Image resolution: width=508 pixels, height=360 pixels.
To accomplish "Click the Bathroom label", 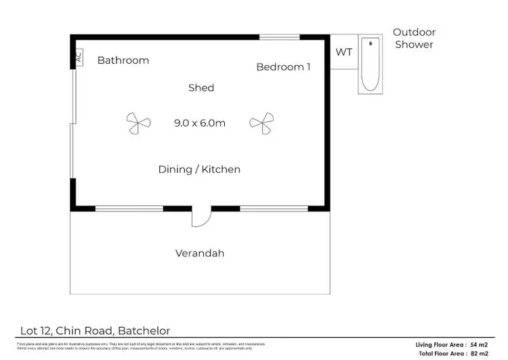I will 123,60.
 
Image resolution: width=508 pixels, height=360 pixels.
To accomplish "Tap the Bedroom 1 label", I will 283,66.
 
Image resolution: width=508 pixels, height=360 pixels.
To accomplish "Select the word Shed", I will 201,87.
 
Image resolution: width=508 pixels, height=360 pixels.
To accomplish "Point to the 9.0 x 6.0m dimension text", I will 199,123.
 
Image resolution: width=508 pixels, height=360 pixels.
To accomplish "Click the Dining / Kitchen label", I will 199,169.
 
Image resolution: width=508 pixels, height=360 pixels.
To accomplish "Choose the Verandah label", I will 200,254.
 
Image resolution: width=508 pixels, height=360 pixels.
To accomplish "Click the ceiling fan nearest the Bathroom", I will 138,123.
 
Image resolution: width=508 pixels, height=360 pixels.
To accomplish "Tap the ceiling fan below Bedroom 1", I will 261,123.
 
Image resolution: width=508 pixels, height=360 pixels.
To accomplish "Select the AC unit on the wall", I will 79,58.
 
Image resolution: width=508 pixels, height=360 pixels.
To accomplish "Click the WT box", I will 344,53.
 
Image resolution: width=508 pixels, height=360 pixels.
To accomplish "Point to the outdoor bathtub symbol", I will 371,65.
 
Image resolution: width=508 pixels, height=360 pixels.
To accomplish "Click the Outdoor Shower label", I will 414,38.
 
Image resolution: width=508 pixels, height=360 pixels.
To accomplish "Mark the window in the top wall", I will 280,37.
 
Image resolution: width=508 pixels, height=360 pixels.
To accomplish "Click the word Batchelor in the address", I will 144,331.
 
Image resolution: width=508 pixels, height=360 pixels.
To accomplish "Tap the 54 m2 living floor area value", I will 478,345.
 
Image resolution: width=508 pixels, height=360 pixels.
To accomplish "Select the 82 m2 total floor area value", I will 478,354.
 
